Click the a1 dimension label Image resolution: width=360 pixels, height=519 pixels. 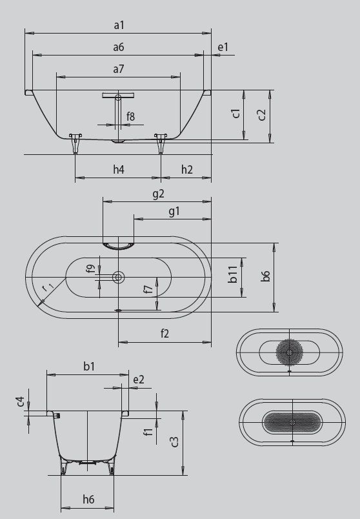click(118, 25)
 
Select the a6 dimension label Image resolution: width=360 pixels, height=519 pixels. click(118, 47)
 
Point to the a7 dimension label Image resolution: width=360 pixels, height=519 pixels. click(118, 68)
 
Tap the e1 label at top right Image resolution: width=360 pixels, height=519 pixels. click(223, 47)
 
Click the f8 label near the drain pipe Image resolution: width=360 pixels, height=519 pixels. click(131, 117)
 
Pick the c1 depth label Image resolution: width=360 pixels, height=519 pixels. click(237, 114)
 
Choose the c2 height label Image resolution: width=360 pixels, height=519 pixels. click(261, 115)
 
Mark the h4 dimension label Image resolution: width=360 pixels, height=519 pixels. click(118, 170)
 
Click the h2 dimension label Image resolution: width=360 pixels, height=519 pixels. click(186, 170)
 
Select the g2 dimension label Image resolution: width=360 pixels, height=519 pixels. click(157, 193)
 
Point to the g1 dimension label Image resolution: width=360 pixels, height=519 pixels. click(174, 211)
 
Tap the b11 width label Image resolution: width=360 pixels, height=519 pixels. click(234, 278)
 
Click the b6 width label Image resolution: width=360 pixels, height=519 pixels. click(265, 278)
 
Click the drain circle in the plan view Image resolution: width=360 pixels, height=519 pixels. click(118, 278)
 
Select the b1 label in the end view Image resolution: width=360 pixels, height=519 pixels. click(89, 367)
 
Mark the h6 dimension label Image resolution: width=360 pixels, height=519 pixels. click(88, 499)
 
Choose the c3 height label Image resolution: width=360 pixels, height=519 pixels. click(174, 442)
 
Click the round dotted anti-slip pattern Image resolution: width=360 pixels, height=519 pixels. click(290, 352)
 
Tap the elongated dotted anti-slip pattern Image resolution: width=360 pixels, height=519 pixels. click(291, 422)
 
